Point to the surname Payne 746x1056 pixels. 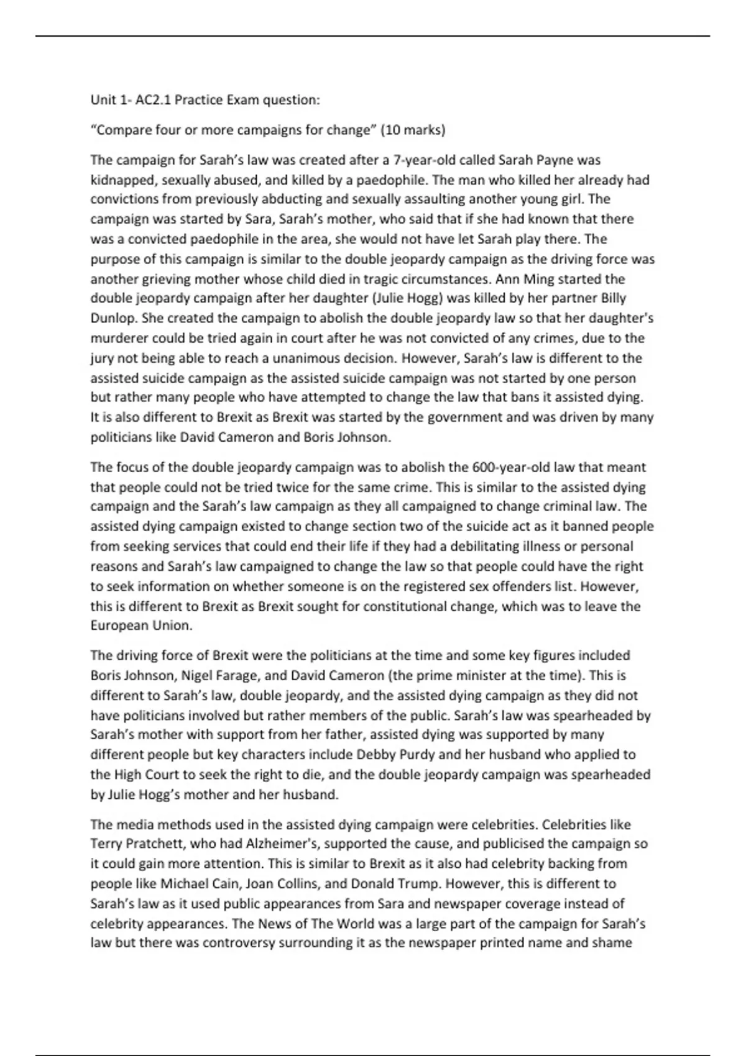pos(555,160)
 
